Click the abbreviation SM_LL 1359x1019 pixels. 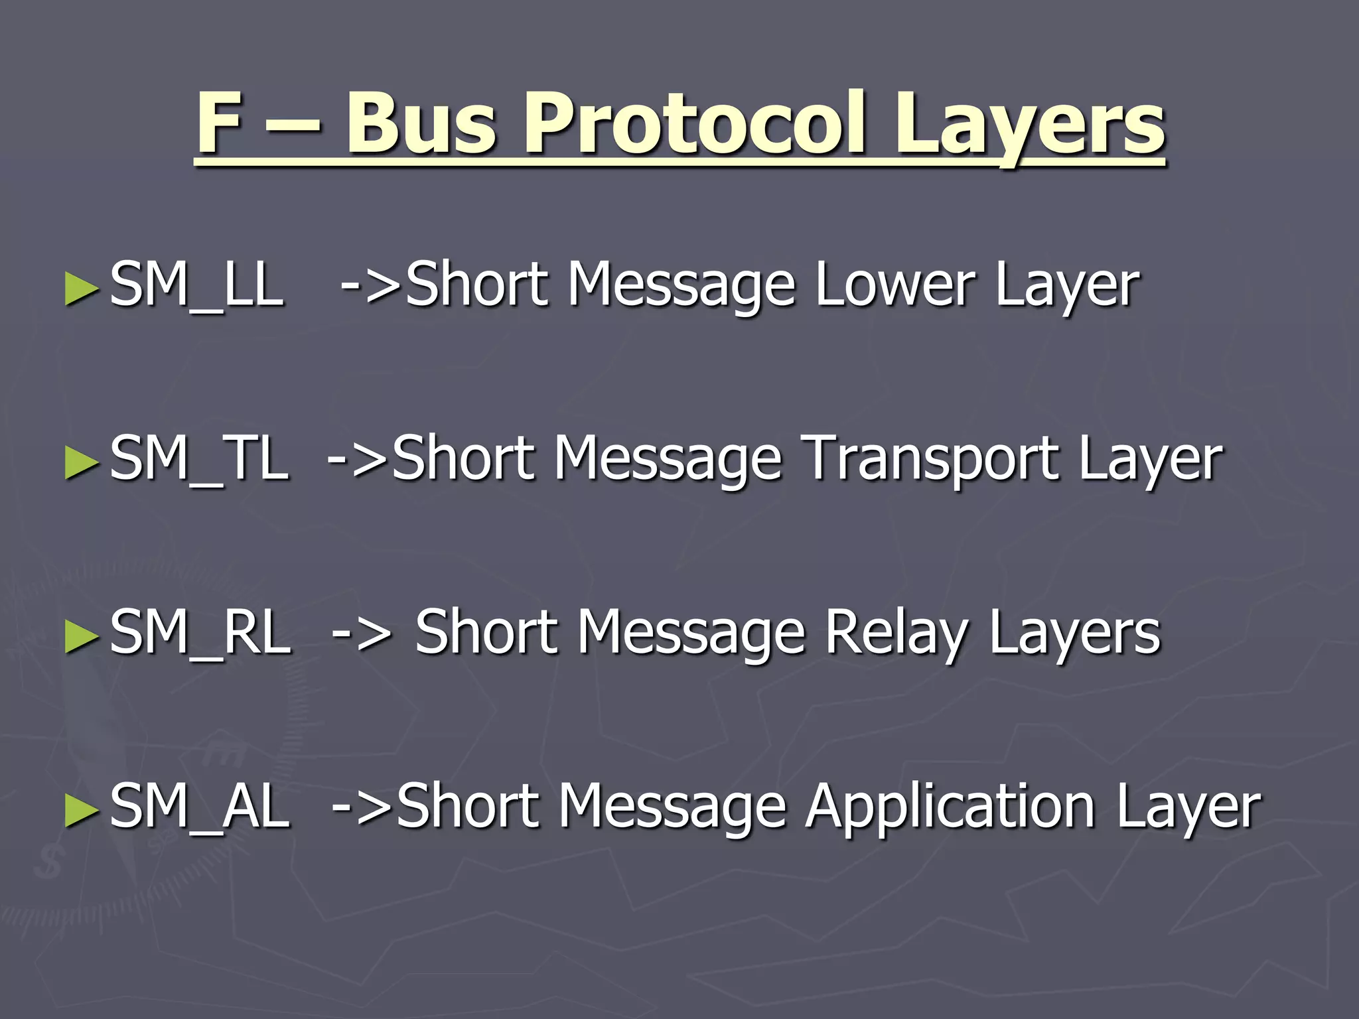(x=196, y=285)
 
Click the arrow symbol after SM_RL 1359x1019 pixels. (x=362, y=634)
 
